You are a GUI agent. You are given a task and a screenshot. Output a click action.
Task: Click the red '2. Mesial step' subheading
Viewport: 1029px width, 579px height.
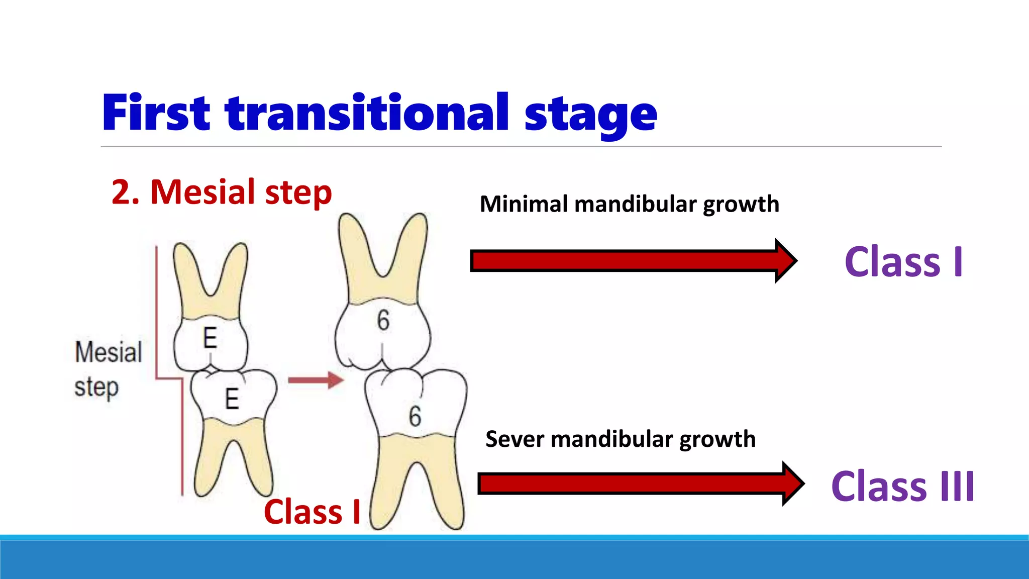point(222,192)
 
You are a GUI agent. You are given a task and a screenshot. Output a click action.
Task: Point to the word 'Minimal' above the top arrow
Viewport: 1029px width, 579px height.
point(524,204)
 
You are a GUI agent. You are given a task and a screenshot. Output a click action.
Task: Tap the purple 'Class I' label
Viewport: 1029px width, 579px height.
point(903,262)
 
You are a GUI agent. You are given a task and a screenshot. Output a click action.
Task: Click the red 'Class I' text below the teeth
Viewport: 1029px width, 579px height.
point(312,512)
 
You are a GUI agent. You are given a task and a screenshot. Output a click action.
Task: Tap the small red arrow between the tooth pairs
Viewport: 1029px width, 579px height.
point(316,380)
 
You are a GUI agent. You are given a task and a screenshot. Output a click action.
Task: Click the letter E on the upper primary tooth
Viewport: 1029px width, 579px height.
point(210,337)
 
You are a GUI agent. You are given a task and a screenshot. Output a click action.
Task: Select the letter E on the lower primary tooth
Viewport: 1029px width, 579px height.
point(232,399)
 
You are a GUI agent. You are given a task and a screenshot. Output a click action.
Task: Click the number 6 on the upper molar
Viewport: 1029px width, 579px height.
point(383,320)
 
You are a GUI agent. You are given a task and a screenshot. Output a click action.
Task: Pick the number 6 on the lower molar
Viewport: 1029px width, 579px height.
point(415,416)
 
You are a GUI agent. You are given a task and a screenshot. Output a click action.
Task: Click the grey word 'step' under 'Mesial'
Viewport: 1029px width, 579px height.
point(96,388)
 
